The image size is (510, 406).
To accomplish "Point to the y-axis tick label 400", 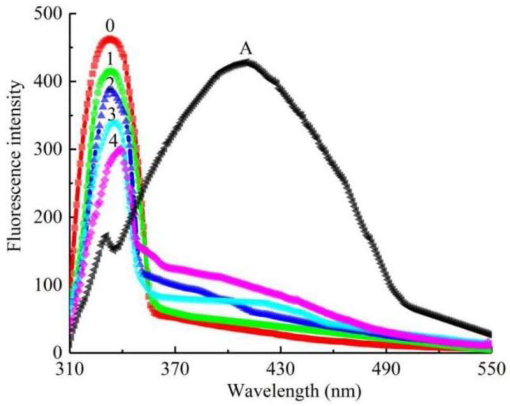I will [48, 81].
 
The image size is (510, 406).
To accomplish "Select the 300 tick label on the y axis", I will [48, 149].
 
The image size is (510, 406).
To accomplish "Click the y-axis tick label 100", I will [48, 285].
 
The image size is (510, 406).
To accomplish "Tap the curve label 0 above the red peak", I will [110, 27].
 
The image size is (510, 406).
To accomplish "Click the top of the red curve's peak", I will [110, 38].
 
